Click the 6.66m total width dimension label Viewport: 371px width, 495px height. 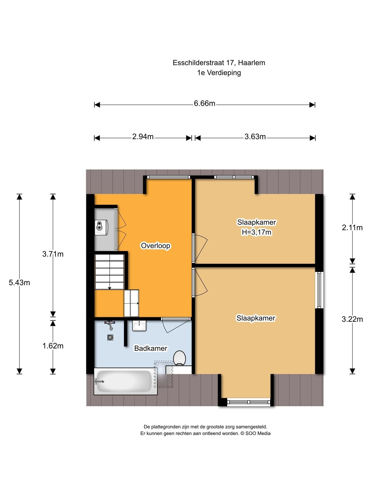click(x=205, y=104)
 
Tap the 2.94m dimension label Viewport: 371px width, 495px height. click(x=143, y=137)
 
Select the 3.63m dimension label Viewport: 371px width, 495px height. click(x=255, y=137)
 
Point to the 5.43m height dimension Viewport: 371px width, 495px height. click(x=19, y=283)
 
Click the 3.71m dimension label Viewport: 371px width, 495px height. click(x=53, y=254)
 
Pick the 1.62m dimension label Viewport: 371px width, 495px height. click(x=53, y=346)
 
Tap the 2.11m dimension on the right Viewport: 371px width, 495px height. click(x=352, y=227)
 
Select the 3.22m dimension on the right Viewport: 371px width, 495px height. click(x=352, y=319)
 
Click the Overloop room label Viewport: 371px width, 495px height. click(x=155, y=246)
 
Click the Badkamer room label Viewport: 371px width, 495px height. click(x=151, y=348)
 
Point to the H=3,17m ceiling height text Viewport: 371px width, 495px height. click(x=256, y=232)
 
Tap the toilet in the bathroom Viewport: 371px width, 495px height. click(x=179, y=358)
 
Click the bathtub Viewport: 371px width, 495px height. click(x=125, y=381)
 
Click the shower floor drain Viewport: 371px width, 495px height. click(x=110, y=337)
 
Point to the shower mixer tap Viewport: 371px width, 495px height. click(x=110, y=325)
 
